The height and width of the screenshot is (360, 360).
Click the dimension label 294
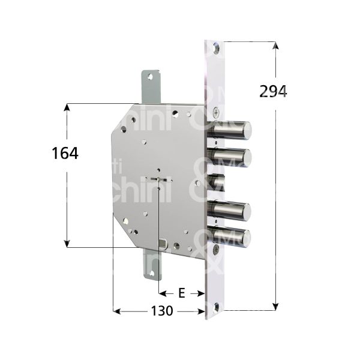(273, 92)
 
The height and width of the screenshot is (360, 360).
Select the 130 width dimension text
(161, 311)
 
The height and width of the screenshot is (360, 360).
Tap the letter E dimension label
(181, 293)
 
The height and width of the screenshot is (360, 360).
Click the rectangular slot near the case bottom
(164, 244)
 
